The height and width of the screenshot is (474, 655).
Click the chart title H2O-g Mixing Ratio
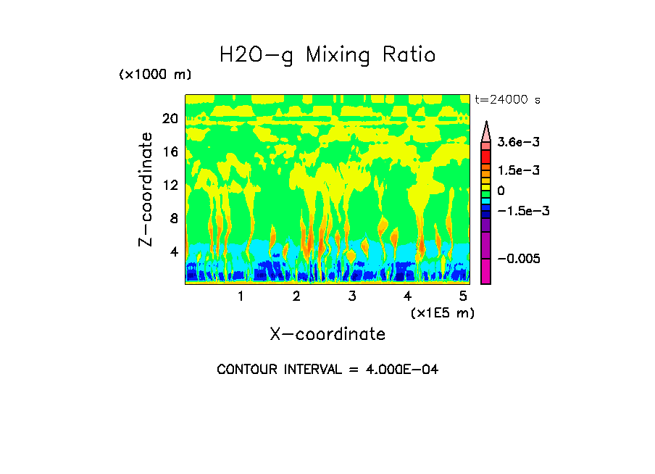point(327,55)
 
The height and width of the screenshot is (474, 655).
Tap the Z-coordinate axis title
point(146,189)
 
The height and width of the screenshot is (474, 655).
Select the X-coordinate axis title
point(327,334)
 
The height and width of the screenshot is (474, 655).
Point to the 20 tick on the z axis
point(170,118)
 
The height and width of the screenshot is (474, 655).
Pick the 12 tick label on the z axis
point(170,185)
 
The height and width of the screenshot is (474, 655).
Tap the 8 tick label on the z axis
point(173,218)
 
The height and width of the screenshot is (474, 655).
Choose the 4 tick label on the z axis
point(173,251)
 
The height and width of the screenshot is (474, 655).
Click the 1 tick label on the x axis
point(241,296)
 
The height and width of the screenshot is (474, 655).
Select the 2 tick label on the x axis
point(296,296)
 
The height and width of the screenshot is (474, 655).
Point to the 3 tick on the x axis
point(352,296)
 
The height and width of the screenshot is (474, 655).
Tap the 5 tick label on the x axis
point(463,296)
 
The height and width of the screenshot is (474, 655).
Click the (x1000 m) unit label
point(155,75)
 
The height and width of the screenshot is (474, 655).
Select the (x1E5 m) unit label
point(443,313)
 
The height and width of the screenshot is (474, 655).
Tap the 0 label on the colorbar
point(501,191)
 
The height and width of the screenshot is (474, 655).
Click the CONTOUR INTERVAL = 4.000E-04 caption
point(327,370)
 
